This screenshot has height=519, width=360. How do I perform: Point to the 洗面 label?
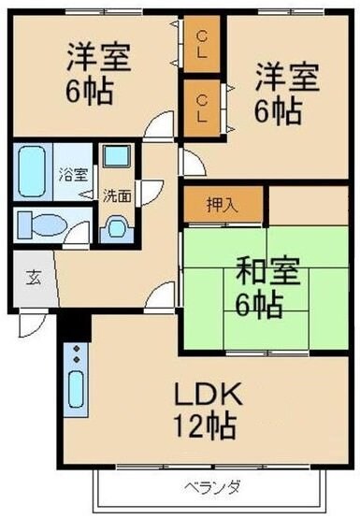point(116,195)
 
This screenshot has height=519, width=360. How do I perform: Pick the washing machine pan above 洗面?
point(118,157)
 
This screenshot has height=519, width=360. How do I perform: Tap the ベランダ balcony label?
point(197,486)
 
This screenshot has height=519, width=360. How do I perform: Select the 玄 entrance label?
point(33,277)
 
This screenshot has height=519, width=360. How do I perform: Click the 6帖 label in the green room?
point(244,304)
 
